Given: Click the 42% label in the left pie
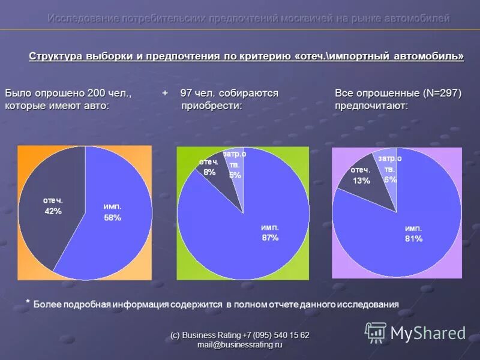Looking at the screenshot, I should pos(53,211).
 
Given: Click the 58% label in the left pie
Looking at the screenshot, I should pos(112,218).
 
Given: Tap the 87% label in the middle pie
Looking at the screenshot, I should pos(270,238).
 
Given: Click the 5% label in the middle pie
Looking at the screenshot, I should pos(235,175).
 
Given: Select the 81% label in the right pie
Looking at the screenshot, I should pos(413,239).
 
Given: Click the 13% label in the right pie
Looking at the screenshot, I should pos(361,181).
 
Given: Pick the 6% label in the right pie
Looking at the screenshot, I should pos(391,179).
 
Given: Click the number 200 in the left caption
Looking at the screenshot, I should pos(96,94).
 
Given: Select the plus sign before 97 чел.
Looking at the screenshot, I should pos(164,94).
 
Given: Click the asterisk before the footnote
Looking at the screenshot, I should pos(27,302).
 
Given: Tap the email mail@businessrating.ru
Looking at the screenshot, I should pos(239,345).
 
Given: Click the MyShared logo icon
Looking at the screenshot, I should pos(376,332).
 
